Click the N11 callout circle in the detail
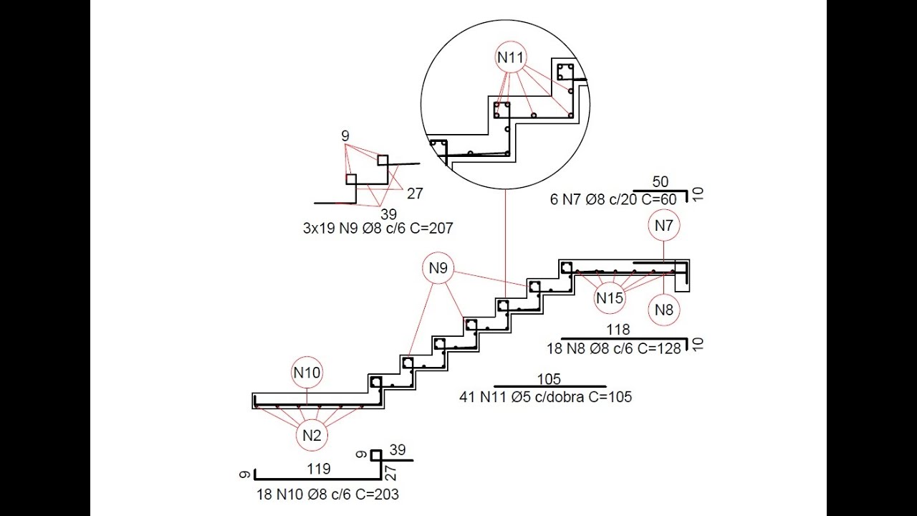(511, 42)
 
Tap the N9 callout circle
(438, 253)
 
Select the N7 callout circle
(664, 210)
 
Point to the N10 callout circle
(307, 357)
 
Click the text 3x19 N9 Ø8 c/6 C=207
(378, 228)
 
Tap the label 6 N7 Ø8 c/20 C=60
(613, 200)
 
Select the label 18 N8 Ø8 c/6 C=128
(614, 348)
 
